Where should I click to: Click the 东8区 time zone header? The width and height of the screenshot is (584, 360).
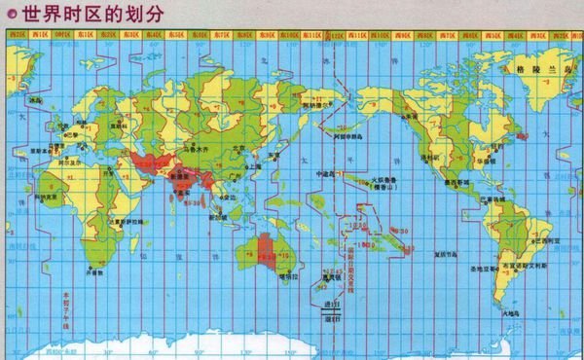coord(243,34)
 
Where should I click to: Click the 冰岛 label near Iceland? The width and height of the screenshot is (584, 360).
coord(35,100)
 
